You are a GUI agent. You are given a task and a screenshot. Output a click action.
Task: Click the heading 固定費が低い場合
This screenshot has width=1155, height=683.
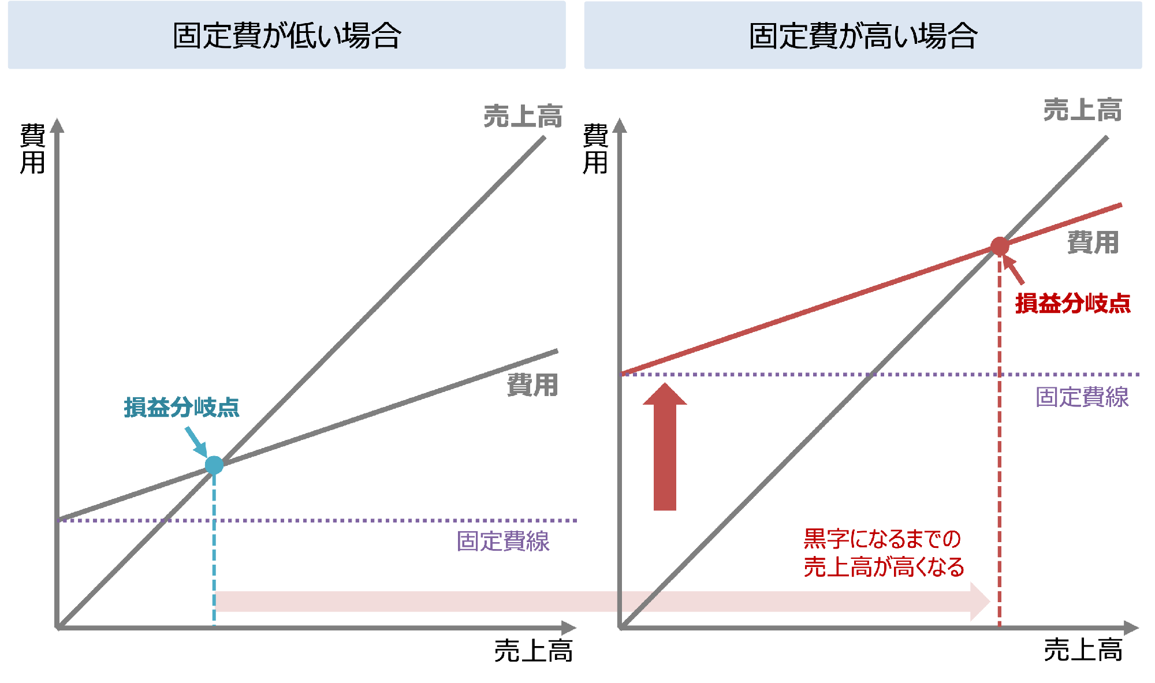(x=287, y=36)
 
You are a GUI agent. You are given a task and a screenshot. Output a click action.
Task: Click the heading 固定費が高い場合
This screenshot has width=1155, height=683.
(x=863, y=36)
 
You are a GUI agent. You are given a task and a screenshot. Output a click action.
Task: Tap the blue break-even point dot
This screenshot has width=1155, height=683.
(x=214, y=465)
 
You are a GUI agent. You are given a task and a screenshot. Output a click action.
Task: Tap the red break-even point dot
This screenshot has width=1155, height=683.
(x=1000, y=247)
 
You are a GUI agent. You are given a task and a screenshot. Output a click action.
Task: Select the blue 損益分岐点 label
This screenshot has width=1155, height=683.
(x=181, y=408)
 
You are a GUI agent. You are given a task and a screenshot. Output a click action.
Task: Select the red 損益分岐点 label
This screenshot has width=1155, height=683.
(x=1072, y=304)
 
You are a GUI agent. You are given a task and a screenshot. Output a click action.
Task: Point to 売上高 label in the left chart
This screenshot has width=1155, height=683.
(x=523, y=117)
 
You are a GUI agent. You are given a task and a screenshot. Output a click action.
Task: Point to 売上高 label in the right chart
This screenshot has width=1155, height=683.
(x=1082, y=110)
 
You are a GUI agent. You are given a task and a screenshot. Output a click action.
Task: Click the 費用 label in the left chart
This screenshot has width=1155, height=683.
(x=532, y=385)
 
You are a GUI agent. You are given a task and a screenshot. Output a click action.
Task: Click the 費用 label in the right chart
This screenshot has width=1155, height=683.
(x=1093, y=242)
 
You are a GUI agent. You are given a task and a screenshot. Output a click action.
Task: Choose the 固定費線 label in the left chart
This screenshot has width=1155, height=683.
(x=503, y=542)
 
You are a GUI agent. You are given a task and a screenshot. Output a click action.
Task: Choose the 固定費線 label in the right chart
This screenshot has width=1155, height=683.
(x=1082, y=397)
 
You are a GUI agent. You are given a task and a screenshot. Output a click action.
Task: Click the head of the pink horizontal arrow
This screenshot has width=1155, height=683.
(x=980, y=602)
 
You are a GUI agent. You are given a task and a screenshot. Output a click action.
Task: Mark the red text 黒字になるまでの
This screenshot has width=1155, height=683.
(x=882, y=539)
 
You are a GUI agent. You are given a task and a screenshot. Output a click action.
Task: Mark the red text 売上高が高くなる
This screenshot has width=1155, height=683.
(x=884, y=568)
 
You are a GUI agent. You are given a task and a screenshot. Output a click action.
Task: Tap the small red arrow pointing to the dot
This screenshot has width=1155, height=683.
(x=1015, y=270)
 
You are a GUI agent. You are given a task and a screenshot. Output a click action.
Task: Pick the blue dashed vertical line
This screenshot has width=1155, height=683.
(x=214, y=548)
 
